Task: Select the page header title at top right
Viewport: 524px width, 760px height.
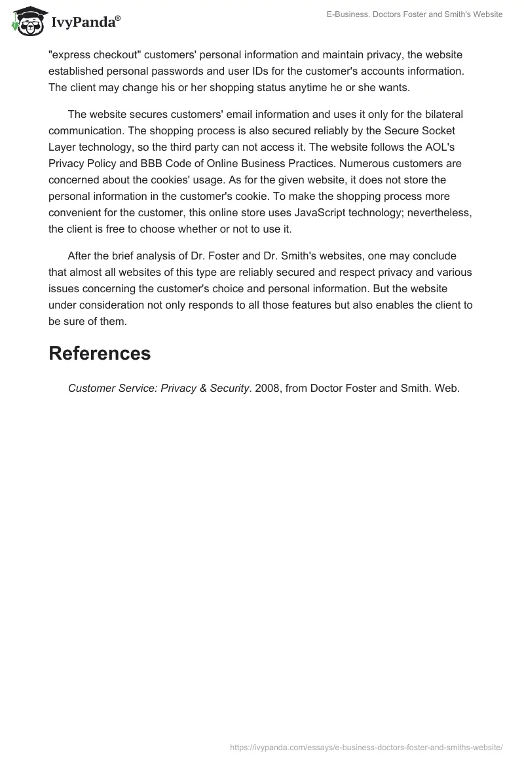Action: coord(415,14)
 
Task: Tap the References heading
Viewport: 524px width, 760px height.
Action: coord(100,353)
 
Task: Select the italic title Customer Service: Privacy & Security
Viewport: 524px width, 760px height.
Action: coord(159,388)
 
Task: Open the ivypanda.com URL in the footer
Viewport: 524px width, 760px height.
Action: coord(366,746)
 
